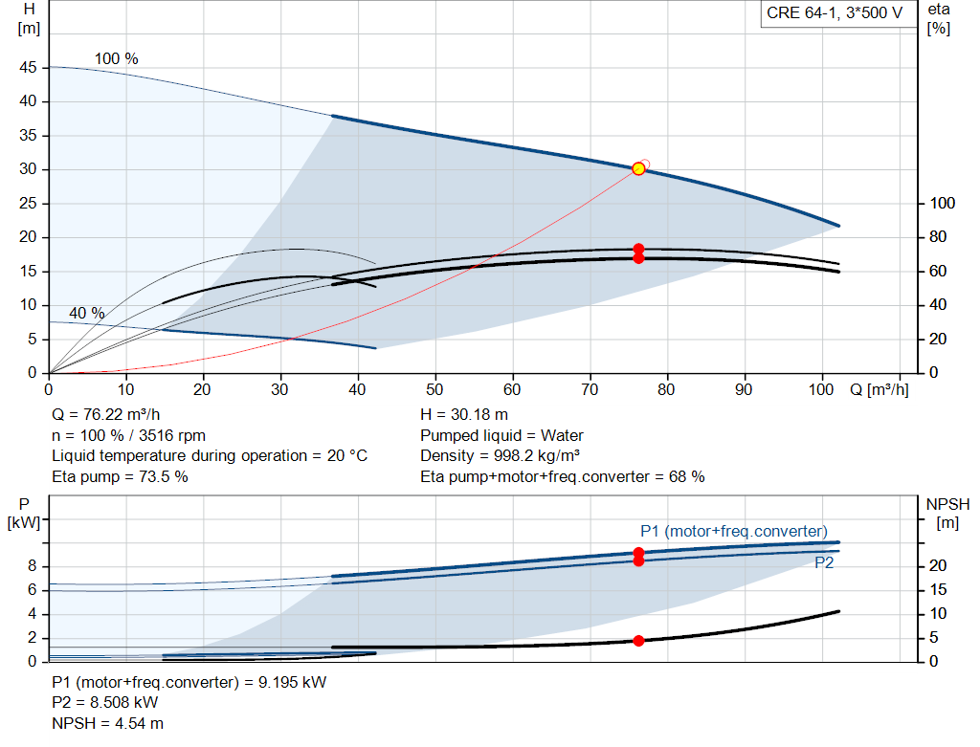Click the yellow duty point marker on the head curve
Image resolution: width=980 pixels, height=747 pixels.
click(638, 168)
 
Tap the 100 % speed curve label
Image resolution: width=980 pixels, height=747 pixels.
click(116, 58)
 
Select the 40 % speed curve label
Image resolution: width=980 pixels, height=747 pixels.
click(87, 313)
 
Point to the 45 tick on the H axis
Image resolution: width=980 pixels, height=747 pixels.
click(28, 68)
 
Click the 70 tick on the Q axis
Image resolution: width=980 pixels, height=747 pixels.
click(590, 389)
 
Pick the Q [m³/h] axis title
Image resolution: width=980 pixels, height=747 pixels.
click(879, 389)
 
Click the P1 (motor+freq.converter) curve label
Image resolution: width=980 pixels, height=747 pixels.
click(734, 531)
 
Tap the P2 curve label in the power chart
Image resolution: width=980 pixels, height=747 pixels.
click(824, 562)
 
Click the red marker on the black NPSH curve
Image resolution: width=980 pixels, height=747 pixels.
click(638, 641)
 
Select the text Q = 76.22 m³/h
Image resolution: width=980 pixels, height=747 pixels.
click(105, 415)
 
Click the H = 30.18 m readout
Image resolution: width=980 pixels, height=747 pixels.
click(464, 415)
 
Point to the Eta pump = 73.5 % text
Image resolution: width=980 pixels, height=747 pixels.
click(120, 476)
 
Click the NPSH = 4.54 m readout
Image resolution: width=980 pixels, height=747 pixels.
click(107, 723)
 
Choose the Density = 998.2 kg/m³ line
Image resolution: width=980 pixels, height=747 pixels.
click(500, 455)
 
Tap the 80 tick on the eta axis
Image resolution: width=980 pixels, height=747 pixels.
click(938, 236)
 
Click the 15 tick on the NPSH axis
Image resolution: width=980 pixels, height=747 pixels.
click(938, 589)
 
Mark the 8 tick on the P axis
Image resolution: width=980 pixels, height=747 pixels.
click(33, 566)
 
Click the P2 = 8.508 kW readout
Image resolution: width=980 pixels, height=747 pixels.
click(105, 702)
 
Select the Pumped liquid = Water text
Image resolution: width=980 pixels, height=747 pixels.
click(501, 435)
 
